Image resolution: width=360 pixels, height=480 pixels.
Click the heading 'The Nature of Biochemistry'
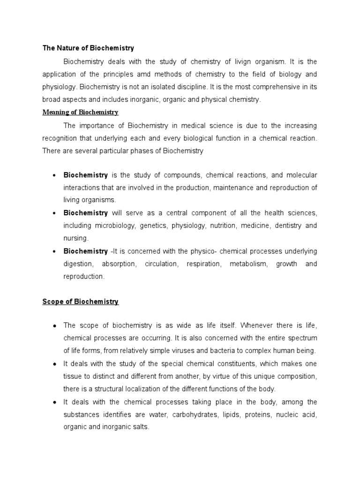pyautogui.click(x=88, y=48)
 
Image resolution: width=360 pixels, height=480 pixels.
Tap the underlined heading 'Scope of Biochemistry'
pyautogui.click(x=80, y=302)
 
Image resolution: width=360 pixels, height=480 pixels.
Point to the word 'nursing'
pyautogui.click(x=75, y=238)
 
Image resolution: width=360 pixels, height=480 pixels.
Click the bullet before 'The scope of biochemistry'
pyautogui.click(x=55, y=325)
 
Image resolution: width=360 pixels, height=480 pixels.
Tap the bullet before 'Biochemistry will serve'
pyautogui.click(x=55, y=213)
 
